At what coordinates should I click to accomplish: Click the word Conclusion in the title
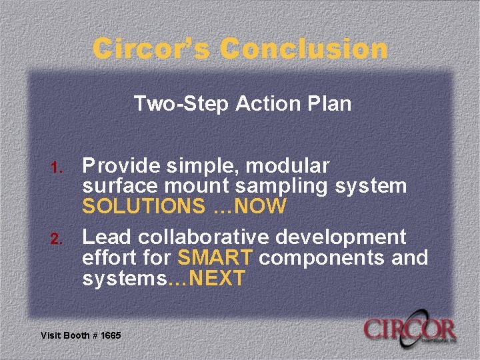coord(304,49)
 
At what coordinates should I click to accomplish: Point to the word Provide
coord(120,165)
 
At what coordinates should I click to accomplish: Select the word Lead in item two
coord(104,237)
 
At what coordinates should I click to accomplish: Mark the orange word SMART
coord(215,257)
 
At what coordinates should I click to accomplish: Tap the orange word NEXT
coord(217,279)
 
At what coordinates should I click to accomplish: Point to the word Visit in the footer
coord(51,335)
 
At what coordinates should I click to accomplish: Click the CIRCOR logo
coord(409,330)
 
